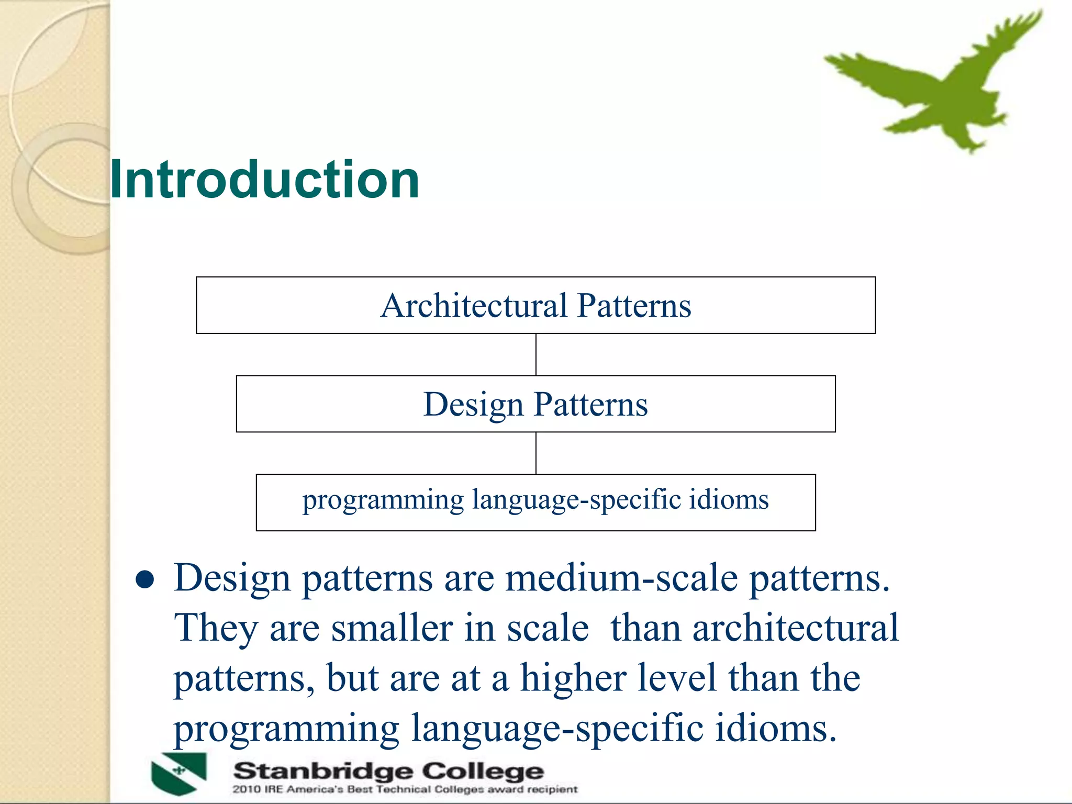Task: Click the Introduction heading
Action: coord(264,180)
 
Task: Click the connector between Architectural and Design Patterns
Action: coord(535,354)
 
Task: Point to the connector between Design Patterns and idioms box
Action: coord(535,453)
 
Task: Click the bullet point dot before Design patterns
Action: coord(144,579)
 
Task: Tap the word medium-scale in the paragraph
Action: coord(621,579)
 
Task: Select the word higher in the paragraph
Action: coord(573,678)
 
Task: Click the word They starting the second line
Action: coord(216,628)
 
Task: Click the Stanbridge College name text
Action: coord(388,771)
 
